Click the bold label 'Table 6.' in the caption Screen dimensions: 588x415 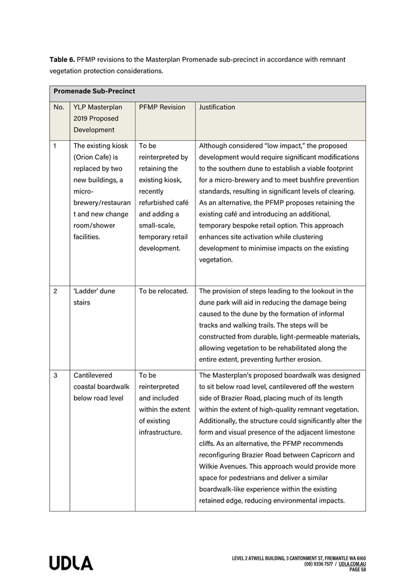coord(62,60)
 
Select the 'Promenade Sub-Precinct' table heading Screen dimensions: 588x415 coord(94,92)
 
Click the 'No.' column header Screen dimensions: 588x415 coord(59,107)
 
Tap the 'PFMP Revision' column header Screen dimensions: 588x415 coord(162,107)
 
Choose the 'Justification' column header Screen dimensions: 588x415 coord(217,107)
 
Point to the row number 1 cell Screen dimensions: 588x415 coord(55,146)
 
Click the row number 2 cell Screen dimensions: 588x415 coord(55,291)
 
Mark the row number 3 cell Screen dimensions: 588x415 coord(55,375)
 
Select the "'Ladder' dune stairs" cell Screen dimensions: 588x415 coord(94,296)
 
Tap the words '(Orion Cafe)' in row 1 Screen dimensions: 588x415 coord(92,157)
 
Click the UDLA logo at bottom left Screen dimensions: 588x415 coord(71,563)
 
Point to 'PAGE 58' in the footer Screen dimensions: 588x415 coord(357,570)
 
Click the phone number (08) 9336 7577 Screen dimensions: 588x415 coord(319,564)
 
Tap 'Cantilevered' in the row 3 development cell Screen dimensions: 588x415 coord(93,375)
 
